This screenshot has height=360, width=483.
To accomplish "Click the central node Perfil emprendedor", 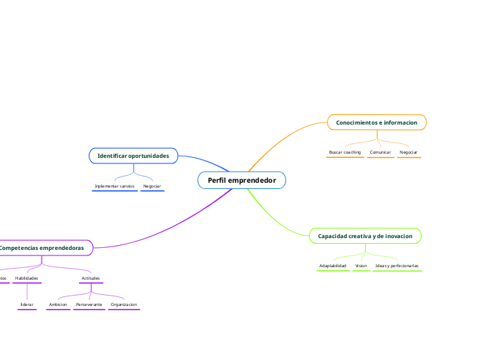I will pyautogui.click(x=242, y=180).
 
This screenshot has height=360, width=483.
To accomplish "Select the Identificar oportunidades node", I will pyautogui.click(x=133, y=156).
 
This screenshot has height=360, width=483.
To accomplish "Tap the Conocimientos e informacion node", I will pyautogui.click(x=376, y=123).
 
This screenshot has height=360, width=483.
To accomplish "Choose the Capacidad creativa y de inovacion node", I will pyautogui.click(x=365, y=236).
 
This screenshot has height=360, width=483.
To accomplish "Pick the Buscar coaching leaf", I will pyautogui.click(x=344, y=152).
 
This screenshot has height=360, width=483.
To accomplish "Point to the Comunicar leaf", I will pyautogui.click(x=380, y=152).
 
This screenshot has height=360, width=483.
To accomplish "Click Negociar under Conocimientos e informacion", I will pyautogui.click(x=409, y=152).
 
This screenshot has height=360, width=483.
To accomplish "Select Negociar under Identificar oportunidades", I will pyautogui.click(x=152, y=186).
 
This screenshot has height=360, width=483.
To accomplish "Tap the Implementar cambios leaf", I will pyautogui.click(x=114, y=186).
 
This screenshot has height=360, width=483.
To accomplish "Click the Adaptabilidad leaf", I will pyautogui.click(x=333, y=266).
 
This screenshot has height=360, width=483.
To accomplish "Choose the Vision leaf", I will pyautogui.click(x=361, y=266).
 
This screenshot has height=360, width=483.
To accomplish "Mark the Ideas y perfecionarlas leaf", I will pyautogui.click(x=397, y=266).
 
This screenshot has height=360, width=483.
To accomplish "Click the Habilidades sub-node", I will pyautogui.click(x=26, y=278).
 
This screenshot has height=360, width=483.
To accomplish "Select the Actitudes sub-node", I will pyautogui.click(x=91, y=278).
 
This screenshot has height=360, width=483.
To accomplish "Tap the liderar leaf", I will pyautogui.click(x=26, y=305).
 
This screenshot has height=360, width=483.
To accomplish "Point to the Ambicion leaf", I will pyautogui.click(x=58, y=305).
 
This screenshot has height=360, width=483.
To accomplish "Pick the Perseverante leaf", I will pyautogui.click(x=89, y=305).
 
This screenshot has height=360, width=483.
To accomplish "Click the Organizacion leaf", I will pyautogui.click(x=124, y=305).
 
